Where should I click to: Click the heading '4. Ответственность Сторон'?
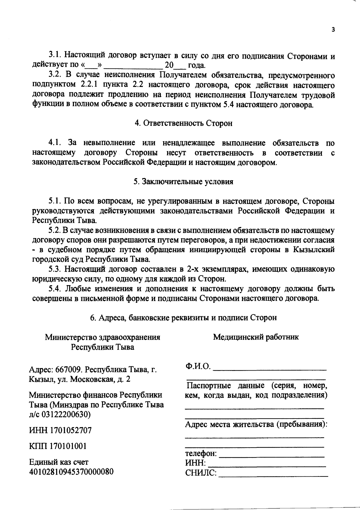click(x=183, y=123)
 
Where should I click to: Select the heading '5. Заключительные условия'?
click(x=183, y=182)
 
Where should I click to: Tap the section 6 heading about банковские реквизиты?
click(x=183, y=318)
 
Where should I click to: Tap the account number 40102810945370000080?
click(x=71, y=472)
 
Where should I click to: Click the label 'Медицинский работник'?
click(x=256, y=337)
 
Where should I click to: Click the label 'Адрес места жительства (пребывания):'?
click(x=256, y=424)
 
